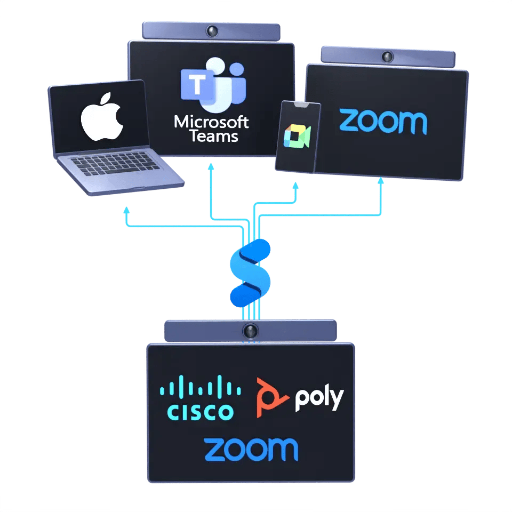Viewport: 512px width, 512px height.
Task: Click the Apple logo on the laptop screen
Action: (x=102, y=118)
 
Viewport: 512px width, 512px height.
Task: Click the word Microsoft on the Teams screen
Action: (x=211, y=122)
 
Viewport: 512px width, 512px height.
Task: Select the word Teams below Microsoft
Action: (x=212, y=136)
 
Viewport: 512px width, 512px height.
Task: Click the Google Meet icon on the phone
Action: (x=297, y=137)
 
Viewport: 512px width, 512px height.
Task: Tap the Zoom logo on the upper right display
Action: (x=383, y=122)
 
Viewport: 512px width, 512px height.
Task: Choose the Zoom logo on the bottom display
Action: (x=251, y=450)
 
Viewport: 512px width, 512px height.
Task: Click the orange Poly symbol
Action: (x=273, y=398)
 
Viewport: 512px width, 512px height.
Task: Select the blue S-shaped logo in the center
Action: (x=250, y=272)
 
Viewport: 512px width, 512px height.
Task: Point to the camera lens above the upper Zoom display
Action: (x=387, y=55)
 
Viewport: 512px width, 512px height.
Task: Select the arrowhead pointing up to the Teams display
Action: (x=211, y=167)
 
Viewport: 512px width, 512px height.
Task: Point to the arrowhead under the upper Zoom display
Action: (x=381, y=181)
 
